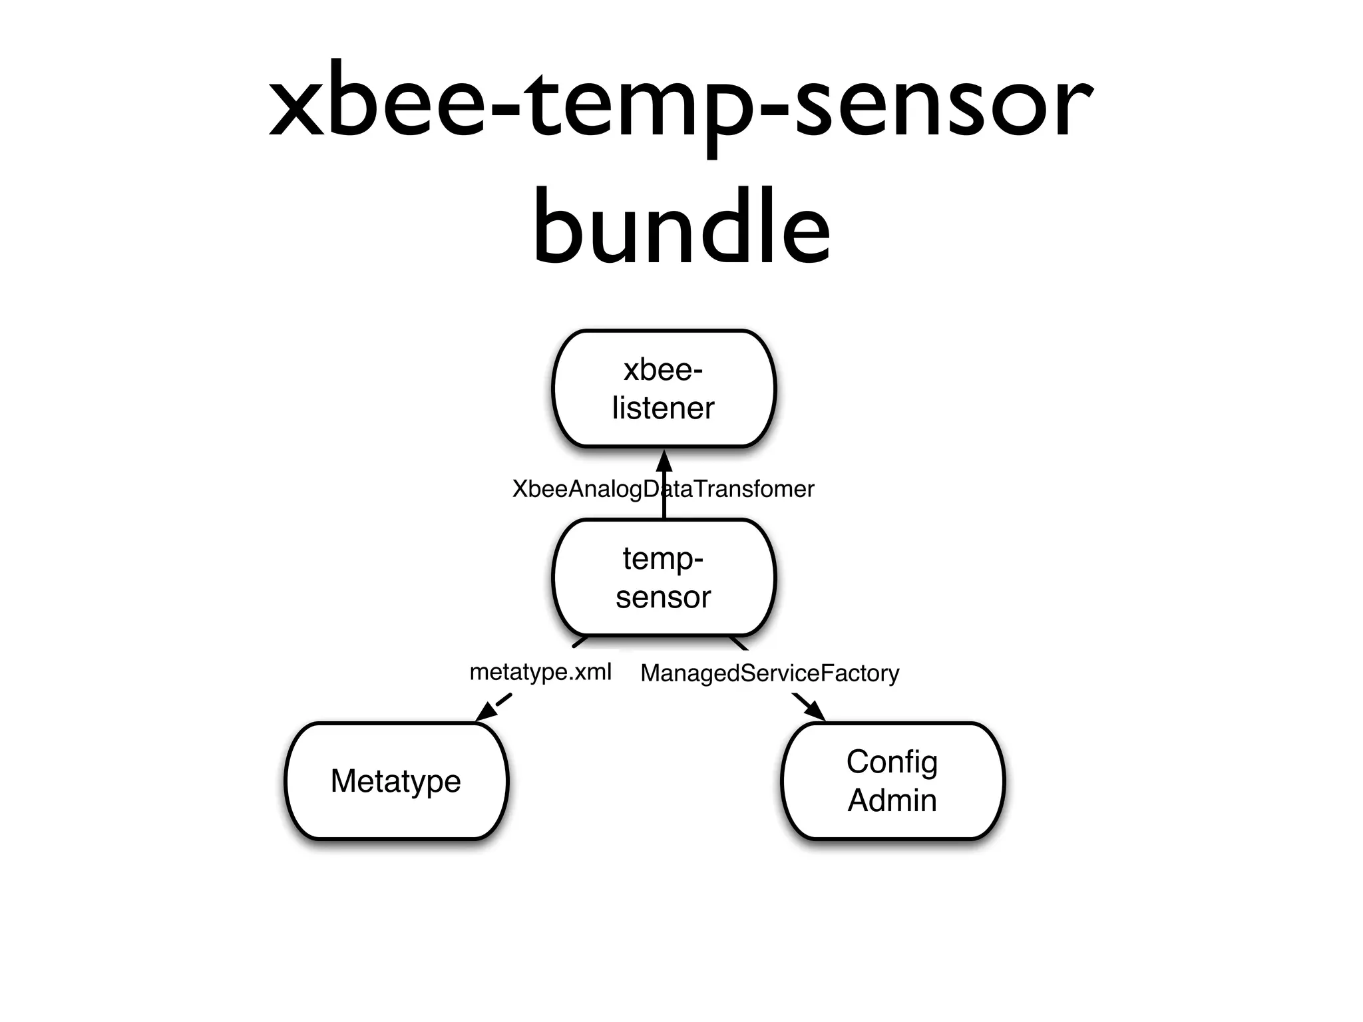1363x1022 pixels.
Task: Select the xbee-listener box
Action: click(664, 389)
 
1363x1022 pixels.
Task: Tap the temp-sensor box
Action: click(664, 578)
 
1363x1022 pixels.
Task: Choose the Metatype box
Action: click(396, 780)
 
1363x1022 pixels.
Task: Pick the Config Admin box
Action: click(892, 780)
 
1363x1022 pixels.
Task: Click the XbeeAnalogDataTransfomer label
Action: click(663, 489)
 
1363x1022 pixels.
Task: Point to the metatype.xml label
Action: click(540, 672)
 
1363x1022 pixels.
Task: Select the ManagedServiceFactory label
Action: click(769, 673)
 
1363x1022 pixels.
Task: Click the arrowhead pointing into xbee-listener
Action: click(664, 460)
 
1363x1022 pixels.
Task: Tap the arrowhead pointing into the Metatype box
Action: click(486, 713)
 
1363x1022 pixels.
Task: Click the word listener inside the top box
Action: click(664, 408)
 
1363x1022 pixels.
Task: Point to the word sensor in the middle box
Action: click(664, 597)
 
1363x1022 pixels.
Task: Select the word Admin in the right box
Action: click(892, 800)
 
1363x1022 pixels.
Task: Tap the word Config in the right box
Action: click(892, 761)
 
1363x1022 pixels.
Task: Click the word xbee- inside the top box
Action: click(664, 370)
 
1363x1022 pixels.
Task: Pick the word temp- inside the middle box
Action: click(664, 558)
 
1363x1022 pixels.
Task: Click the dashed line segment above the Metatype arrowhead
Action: click(504, 700)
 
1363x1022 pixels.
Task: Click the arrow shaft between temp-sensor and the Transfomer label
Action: click(664, 510)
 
